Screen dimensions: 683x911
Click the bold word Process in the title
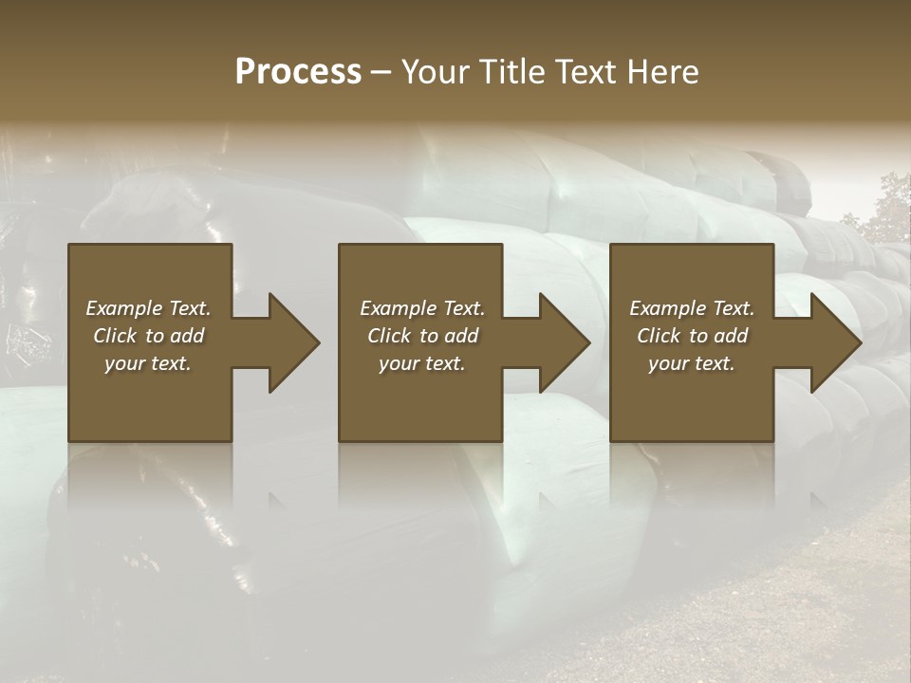tap(298, 72)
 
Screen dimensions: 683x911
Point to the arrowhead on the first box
tap(289, 342)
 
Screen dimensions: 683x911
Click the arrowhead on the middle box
tap(560, 342)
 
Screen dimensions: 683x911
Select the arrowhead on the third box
tap(831, 342)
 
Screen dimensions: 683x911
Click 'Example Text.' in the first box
tap(149, 308)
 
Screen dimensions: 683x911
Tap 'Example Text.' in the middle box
tap(422, 308)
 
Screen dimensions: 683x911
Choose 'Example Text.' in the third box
tap(692, 308)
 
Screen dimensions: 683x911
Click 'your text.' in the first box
tap(148, 363)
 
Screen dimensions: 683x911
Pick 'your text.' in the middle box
tap(421, 363)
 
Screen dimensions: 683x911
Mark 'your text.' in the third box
tap(691, 363)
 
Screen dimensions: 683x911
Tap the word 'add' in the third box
tap(732, 336)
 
